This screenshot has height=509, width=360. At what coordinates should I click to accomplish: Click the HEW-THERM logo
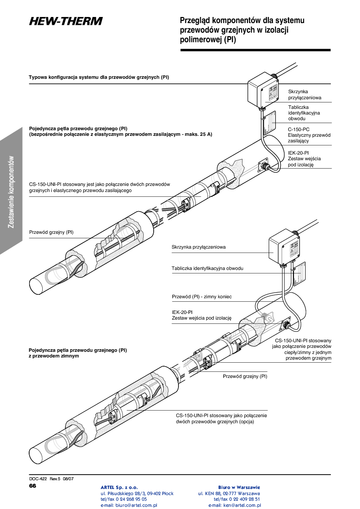(x=66, y=21)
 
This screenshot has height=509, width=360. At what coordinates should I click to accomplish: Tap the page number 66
(x=33, y=485)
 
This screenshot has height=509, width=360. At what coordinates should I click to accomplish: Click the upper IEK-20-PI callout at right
(x=298, y=153)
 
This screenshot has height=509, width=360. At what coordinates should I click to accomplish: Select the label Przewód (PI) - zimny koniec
(x=202, y=297)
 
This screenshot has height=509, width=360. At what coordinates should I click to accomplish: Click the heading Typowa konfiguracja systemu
(x=99, y=78)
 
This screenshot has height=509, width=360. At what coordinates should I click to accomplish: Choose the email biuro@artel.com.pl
(x=128, y=506)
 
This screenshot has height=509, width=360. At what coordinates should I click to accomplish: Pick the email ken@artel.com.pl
(x=235, y=506)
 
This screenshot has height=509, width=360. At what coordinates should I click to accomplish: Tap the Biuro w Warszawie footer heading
(x=239, y=487)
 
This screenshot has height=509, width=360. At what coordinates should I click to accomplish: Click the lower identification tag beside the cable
(x=300, y=273)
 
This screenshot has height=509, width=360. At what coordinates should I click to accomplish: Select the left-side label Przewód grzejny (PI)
(x=51, y=233)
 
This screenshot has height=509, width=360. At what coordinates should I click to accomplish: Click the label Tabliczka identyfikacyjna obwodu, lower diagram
(x=207, y=268)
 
